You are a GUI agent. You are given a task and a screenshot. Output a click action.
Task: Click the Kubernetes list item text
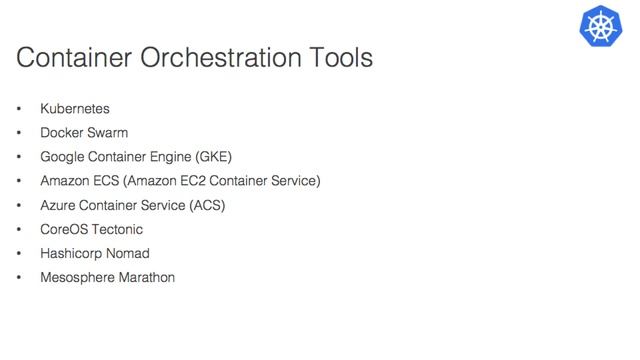75,108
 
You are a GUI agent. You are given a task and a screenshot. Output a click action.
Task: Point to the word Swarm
107,132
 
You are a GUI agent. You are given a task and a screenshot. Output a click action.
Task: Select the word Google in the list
62,156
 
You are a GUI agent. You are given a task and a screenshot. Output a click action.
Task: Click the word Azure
58,205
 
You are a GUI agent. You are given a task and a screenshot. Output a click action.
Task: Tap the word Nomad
129,253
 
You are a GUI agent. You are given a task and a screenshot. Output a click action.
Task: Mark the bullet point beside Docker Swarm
19,132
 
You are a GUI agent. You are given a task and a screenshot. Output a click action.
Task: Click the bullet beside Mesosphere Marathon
19,277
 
